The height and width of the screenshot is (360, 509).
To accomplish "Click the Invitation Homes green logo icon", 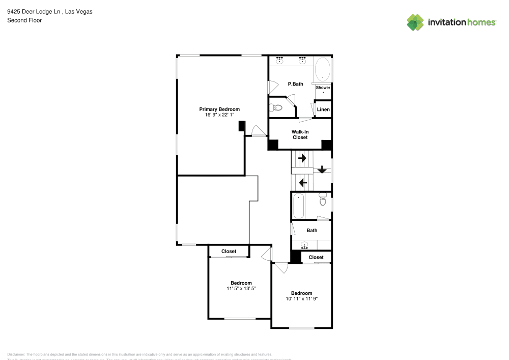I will (415, 22).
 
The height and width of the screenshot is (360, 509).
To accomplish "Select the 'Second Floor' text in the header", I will (24, 20).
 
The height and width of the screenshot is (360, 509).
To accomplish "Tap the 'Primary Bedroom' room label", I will (219, 109).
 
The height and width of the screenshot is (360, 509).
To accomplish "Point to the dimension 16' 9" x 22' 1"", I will (219, 116).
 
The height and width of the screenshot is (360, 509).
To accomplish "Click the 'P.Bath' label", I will (295, 84).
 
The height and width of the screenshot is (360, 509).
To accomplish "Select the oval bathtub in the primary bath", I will (323, 69).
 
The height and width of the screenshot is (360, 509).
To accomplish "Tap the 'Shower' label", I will (323, 88).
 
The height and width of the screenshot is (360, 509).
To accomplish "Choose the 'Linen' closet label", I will (323, 109).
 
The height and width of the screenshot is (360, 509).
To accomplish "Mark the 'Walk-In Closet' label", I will (300, 134).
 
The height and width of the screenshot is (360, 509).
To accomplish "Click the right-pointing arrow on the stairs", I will (302, 158).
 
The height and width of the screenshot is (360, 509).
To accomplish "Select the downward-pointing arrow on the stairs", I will (322, 170).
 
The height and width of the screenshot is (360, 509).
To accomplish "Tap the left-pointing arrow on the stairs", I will (302, 182).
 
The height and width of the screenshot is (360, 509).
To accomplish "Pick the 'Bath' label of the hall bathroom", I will (312, 231).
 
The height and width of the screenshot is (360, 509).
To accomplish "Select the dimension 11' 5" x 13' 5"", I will (241, 289).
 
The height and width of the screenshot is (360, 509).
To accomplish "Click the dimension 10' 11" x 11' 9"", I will (301, 299).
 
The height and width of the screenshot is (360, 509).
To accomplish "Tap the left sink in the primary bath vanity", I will (279, 60).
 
